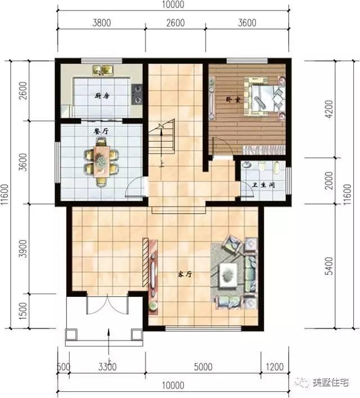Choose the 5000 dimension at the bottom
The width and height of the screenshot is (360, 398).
[x=203, y=368]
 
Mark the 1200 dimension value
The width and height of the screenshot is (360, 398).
[x=276, y=368]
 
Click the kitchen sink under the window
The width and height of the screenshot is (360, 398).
[x=104, y=70]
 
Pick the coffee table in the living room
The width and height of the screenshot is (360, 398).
[x=228, y=274]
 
